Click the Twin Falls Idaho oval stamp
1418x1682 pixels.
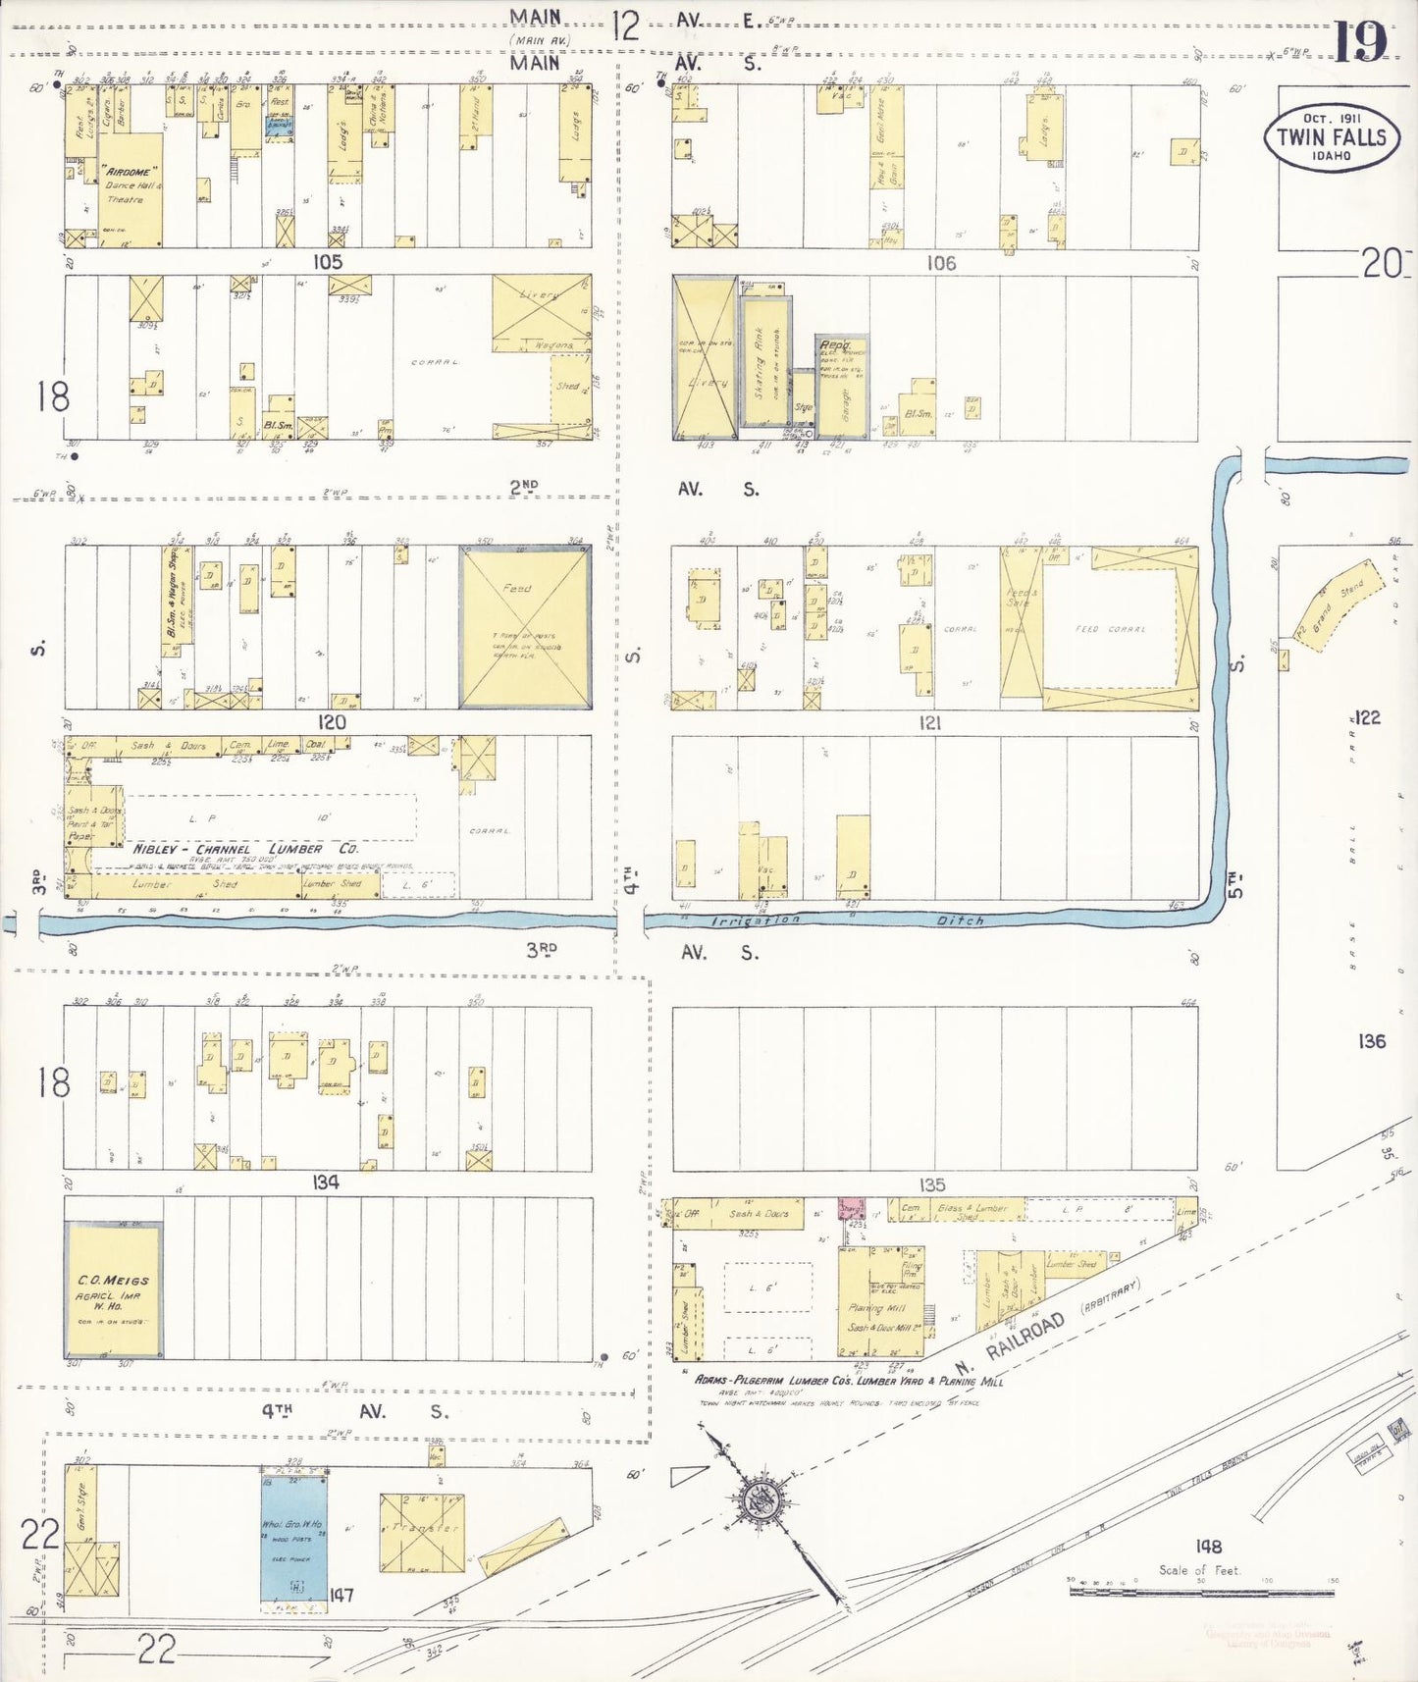tap(1331, 137)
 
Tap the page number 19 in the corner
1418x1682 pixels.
tap(1361, 41)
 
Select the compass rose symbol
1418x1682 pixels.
tap(764, 1498)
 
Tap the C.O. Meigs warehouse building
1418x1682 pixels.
tap(113, 1291)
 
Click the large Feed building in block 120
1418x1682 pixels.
tap(525, 626)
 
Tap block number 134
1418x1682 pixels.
tap(326, 1183)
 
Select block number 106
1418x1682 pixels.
tap(940, 263)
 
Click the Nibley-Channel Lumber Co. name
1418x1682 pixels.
tap(245, 849)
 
